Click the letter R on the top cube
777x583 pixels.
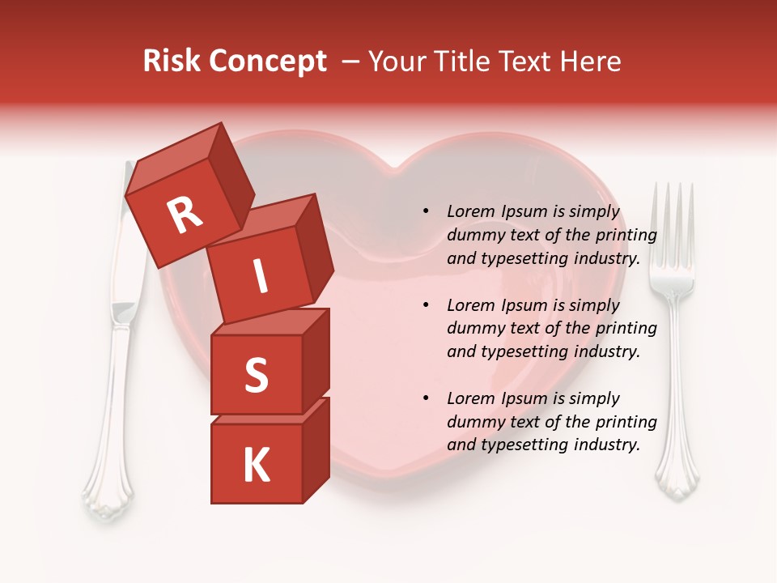(x=185, y=215)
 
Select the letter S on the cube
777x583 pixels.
(x=256, y=376)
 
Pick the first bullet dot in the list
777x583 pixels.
(x=427, y=211)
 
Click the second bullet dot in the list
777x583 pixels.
(x=427, y=305)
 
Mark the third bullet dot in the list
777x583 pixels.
(x=427, y=398)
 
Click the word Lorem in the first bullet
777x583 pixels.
(x=472, y=211)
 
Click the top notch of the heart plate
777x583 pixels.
(x=395, y=168)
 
